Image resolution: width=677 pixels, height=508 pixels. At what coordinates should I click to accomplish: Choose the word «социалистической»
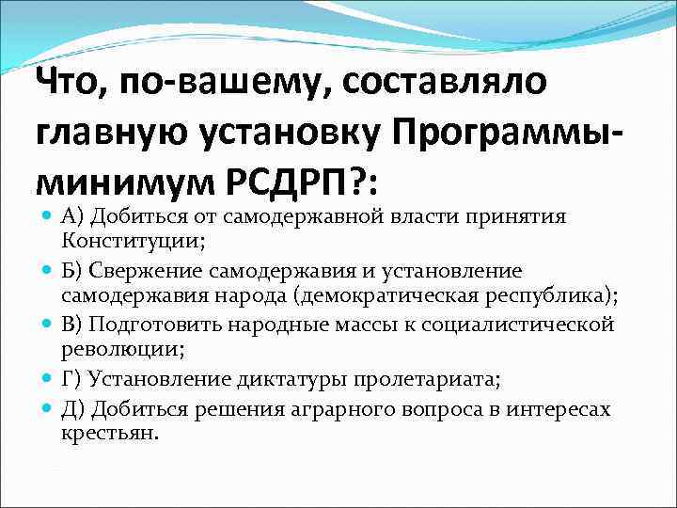(527, 325)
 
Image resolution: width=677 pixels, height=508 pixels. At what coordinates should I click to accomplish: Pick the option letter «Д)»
(74, 410)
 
